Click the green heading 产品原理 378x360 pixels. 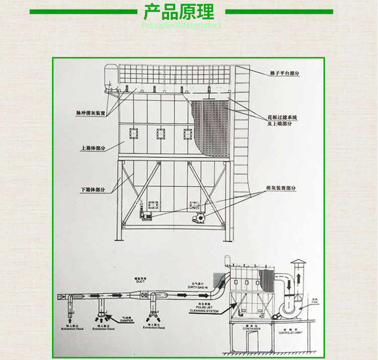179,12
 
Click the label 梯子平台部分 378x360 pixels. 285,73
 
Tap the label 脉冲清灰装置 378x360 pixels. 91,113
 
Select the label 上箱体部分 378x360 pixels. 93,148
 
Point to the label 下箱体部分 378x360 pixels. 93,190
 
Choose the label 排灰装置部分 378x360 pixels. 281,188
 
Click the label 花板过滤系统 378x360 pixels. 282,117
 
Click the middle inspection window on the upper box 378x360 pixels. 160,134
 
